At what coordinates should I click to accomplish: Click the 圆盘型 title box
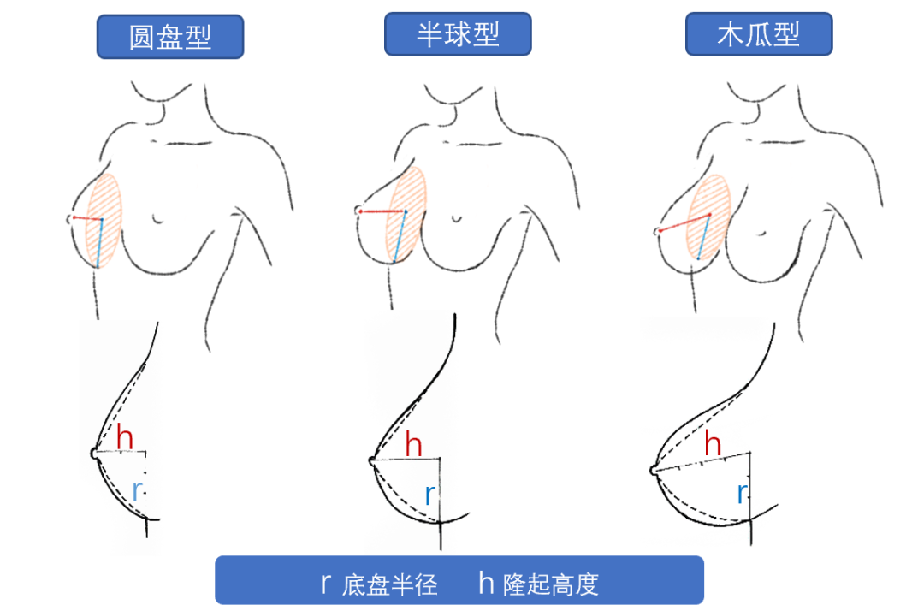click(x=170, y=38)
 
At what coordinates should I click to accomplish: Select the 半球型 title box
click(x=458, y=34)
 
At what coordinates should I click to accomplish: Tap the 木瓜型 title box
click(x=759, y=34)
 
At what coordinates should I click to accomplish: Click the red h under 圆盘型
click(x=125, y=438)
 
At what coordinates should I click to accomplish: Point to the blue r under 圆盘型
click(x=138, y=490)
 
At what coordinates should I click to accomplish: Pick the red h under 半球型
click(x=414, y=445)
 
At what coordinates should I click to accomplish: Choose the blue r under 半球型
click(x=430, y=494)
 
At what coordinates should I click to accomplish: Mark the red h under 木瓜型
click(x=712, y=444)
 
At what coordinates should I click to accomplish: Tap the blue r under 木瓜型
click(x=742, y=492)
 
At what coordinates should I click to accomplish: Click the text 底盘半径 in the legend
click(x=390, y=585)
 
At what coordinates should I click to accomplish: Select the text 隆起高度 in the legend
click(x=550, y=585)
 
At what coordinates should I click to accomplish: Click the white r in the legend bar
click(x=325, y=584)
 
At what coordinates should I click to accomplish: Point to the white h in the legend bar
click(x=486, y=583)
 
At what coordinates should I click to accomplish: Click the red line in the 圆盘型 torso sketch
click(x=86, y=219)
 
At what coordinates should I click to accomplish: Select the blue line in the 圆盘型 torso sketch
click(x=99, y=243)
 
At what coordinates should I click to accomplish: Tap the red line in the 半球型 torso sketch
click(x=382, y=211)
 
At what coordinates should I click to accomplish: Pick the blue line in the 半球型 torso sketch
click(x=400, y=235)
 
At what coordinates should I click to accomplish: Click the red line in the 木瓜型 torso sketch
click(x=684, y=223)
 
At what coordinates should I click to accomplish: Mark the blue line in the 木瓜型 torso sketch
click(x=703, y=237)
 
